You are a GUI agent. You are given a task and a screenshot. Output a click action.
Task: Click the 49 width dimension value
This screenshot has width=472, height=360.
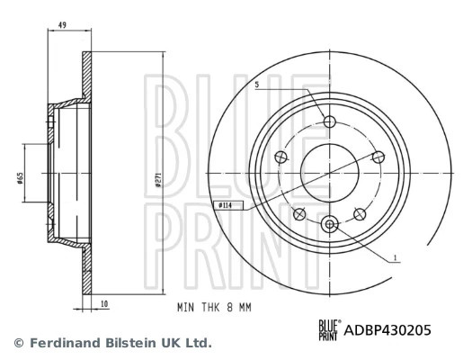click(x=62, y=25)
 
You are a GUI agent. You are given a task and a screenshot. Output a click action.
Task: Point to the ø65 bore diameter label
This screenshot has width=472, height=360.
click(x=20, y=177)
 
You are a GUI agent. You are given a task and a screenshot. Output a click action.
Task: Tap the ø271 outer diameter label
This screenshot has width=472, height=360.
click(x=158, y=180)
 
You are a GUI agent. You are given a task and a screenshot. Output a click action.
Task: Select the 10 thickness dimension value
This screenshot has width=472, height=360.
click(x=104, y=304)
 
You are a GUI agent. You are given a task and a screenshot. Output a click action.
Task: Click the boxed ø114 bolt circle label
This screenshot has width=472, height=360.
click(x=227, y=205)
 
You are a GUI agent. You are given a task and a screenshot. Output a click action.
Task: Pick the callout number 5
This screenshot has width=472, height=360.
click(x=257, y=85)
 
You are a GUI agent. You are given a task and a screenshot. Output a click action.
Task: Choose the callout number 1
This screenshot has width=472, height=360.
click(x=396, y=258)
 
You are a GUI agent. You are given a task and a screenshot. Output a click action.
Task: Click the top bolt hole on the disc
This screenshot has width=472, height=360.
click(x=330, y=121)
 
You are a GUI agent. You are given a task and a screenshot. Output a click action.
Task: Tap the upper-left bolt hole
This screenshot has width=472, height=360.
click(x=281, y=157)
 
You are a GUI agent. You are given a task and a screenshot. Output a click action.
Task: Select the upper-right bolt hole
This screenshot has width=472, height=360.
click(x=378, y=157)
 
